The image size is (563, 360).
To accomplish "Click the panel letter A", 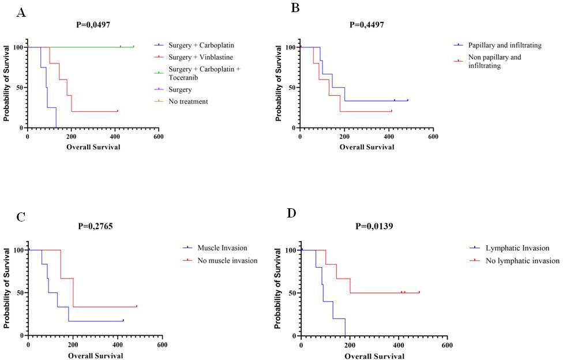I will pos(21,13).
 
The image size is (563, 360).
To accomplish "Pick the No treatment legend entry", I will pos(188,102).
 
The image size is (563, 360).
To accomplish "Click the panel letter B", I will pos(295,8).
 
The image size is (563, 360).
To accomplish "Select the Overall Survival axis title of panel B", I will pos(367,147).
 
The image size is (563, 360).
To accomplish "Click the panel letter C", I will pos(21,217).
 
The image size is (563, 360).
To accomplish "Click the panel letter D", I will pos(292,214).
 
